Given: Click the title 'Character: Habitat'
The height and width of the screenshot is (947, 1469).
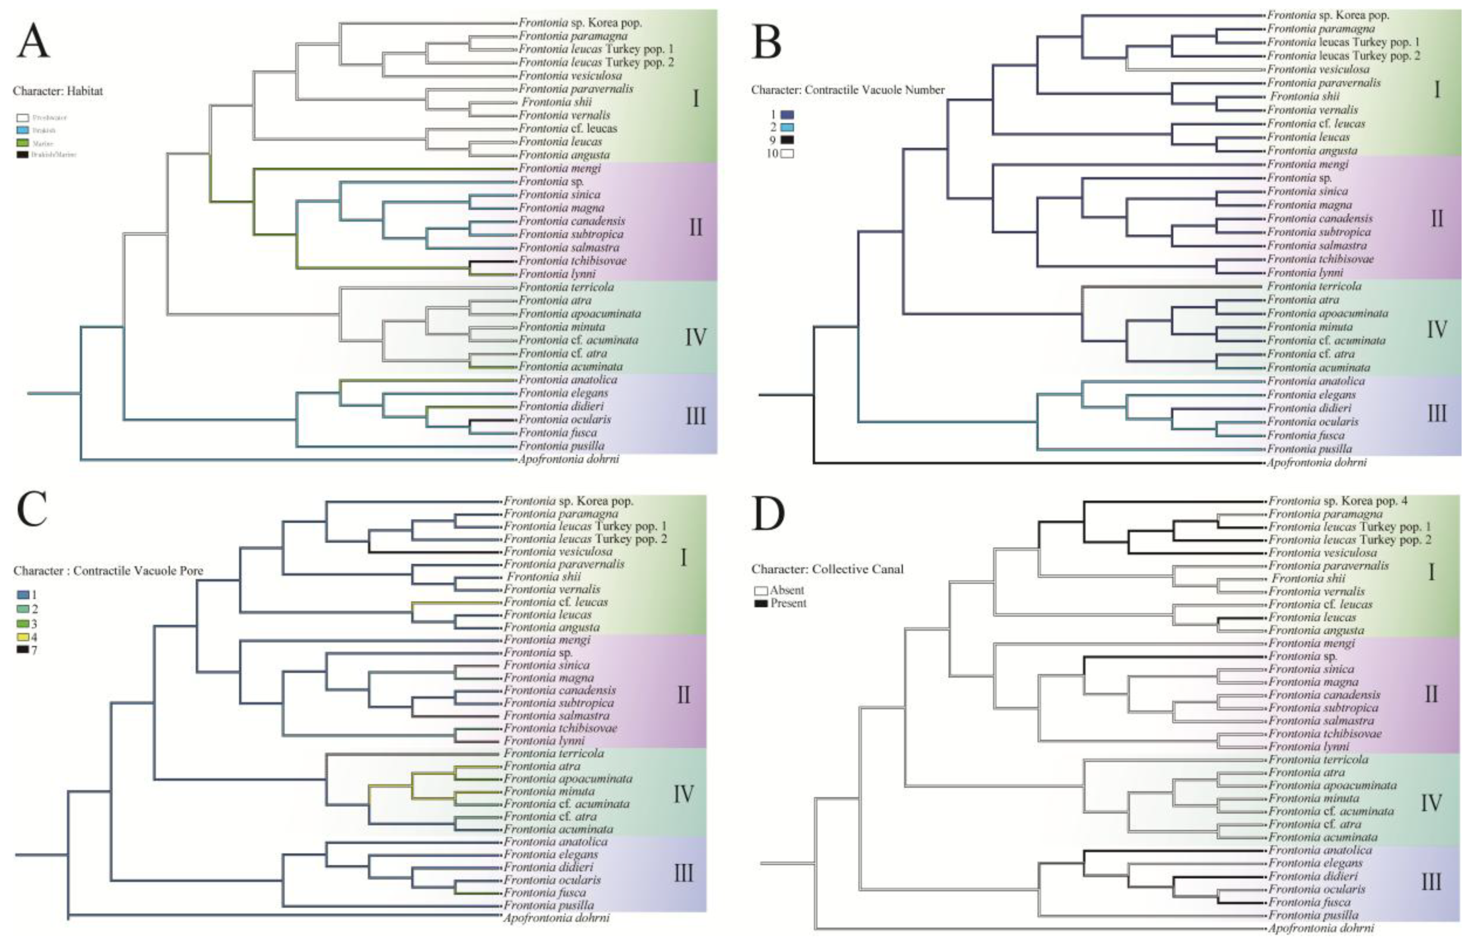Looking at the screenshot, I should [58, 91].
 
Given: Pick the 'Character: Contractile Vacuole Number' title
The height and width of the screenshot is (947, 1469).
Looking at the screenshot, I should [848, 90].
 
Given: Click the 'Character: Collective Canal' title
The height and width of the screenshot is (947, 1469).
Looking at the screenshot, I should [827, 569].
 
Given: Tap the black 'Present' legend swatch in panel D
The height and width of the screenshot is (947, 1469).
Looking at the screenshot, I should [761, 604].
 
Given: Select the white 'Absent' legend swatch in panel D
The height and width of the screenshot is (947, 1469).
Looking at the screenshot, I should [761, 591].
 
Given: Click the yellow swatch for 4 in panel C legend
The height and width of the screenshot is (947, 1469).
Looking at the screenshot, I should [23, 637].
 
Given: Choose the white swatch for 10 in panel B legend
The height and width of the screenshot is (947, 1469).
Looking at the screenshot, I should [787, 154].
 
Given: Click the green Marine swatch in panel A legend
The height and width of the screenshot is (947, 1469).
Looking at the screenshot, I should [23, 143].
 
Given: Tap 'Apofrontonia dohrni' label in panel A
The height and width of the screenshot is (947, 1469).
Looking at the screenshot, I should [569, 459].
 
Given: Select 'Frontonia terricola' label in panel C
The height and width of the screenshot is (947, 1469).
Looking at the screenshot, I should [554, 753].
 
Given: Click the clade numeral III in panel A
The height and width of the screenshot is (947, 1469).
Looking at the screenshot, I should [695, 416].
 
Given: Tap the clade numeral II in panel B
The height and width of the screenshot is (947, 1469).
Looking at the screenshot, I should [1436, 218].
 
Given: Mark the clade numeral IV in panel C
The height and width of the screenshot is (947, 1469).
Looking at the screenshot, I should [683, 794].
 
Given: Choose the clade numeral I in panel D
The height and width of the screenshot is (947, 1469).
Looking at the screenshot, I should [1431, 572].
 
